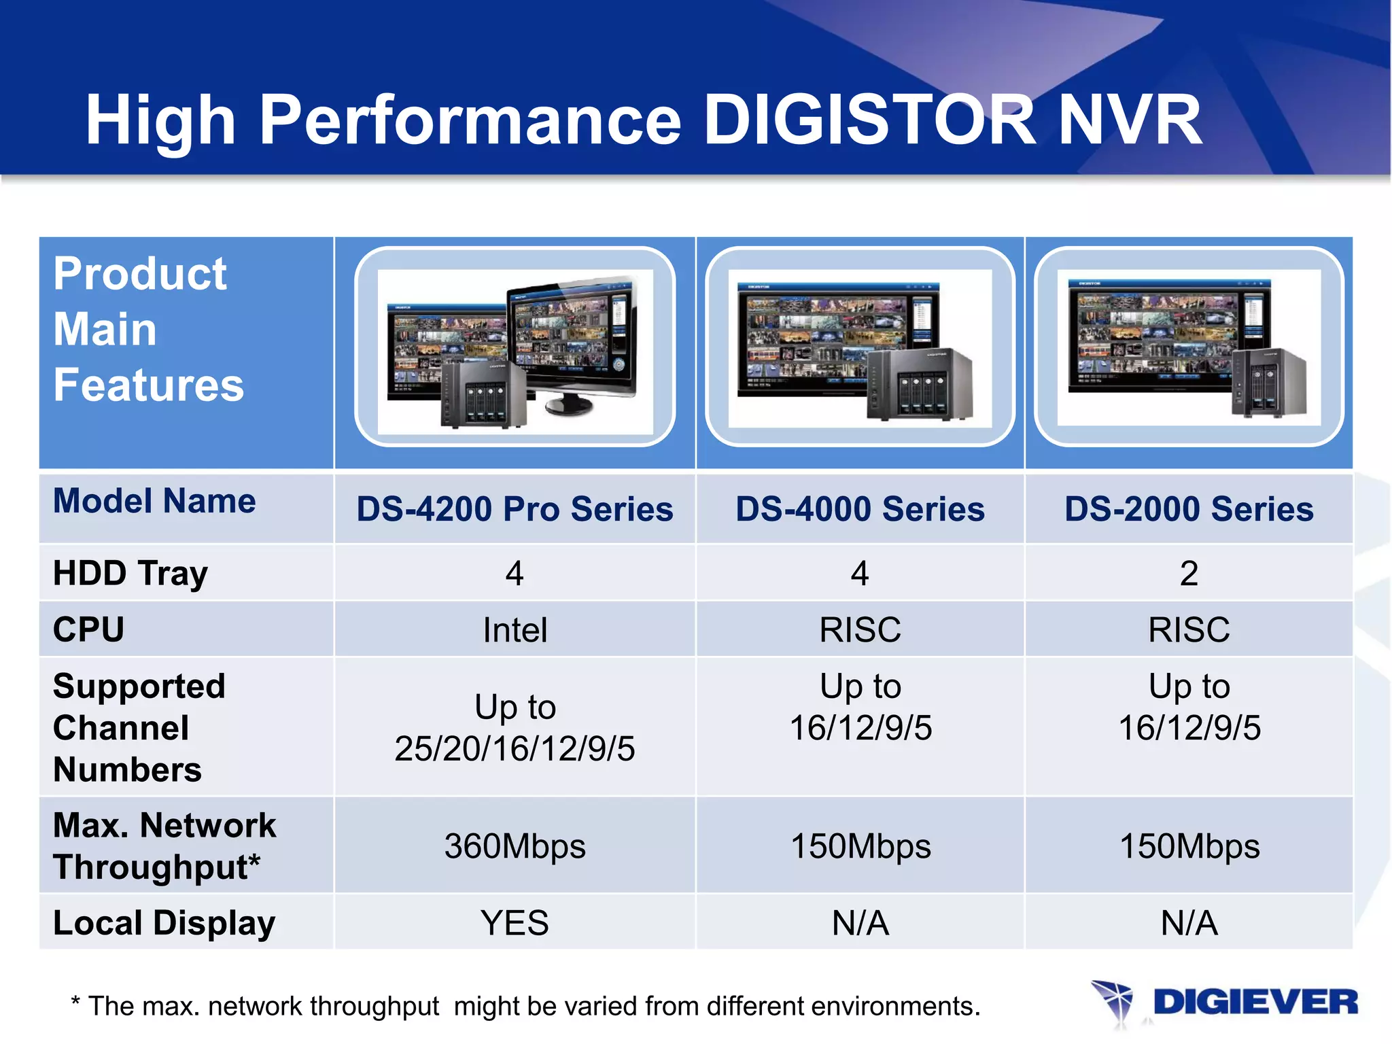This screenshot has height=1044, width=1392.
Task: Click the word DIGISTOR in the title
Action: (x=869, y=120)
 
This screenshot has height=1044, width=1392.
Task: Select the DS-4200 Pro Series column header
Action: (x=515, y=509)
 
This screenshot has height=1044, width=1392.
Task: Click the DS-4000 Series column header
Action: (x=860, y=509)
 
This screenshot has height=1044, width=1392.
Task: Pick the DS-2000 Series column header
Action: (x=1189, y=509)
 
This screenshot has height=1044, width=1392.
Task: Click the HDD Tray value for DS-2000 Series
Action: (x=1189, y=573)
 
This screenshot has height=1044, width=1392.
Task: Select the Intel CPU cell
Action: (x=515, y=629)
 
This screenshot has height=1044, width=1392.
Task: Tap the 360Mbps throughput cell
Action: (x=515, y=846)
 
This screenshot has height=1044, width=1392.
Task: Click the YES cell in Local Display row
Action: (x=515, y=923)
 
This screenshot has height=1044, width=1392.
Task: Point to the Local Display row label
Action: (x=164, y=923)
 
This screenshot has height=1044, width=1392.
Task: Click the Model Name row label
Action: (x=154, y=501)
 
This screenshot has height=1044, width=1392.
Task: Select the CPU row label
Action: (x=88, y=629)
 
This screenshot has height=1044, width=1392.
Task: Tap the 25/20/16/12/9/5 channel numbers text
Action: (x=515, y=749)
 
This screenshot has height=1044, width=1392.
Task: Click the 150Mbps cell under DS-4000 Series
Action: (x=860, y=846)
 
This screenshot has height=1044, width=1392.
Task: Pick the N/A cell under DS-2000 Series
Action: (x=1189, y=923)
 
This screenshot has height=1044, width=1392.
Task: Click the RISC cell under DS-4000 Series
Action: (x=860, y=629)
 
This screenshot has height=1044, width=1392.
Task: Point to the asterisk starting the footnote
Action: (x=75, y=1002)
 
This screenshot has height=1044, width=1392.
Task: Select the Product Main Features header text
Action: (x=148, y=330)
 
